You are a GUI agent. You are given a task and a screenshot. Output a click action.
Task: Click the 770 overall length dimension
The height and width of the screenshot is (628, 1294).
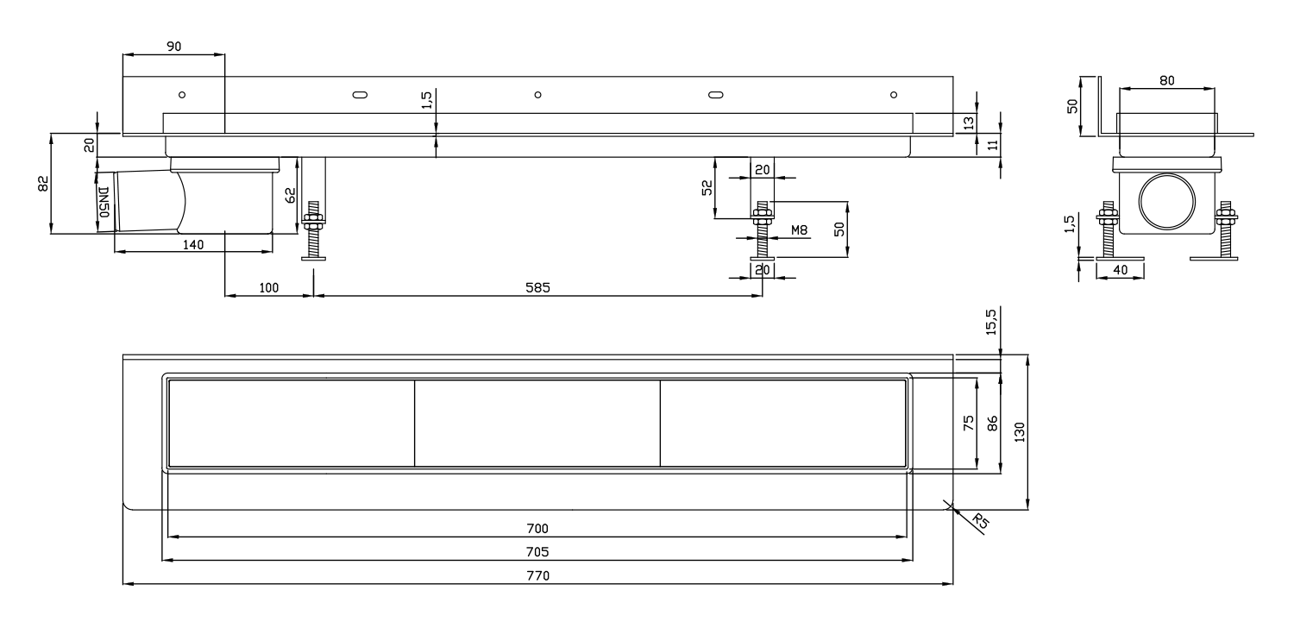537,575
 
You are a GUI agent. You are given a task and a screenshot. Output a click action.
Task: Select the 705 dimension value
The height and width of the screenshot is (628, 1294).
537,552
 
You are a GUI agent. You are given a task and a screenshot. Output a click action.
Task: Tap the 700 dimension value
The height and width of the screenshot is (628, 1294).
537,528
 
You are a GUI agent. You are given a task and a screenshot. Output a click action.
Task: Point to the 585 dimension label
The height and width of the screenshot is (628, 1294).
537,287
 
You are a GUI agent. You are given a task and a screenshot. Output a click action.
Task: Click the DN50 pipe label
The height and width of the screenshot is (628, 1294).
104,202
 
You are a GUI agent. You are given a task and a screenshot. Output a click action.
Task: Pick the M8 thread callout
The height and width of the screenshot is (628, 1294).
799,230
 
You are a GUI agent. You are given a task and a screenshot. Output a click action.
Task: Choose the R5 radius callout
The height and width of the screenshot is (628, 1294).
981,521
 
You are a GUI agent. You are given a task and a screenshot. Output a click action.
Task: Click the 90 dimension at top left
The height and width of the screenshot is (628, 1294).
174,47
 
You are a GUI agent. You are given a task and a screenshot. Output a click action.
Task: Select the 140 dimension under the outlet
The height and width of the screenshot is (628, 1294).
193,244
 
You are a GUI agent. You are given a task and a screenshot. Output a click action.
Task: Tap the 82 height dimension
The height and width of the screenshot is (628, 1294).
43,184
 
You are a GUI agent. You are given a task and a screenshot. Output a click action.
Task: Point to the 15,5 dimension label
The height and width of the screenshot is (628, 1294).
990,322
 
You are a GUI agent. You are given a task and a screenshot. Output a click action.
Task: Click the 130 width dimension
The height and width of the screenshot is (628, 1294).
1019,432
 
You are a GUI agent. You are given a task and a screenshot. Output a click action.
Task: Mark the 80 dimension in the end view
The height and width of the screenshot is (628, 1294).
1167,80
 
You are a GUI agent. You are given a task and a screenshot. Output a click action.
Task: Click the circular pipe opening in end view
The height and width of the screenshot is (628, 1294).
1167,201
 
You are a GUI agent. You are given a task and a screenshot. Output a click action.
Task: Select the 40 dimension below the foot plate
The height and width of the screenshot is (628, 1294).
1120,270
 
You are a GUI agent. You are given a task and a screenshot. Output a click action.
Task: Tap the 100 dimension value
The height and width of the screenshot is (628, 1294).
268,287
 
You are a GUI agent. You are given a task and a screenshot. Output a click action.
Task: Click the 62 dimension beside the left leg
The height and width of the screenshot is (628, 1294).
291,195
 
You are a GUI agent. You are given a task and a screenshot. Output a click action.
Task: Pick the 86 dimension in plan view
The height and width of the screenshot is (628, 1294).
992,424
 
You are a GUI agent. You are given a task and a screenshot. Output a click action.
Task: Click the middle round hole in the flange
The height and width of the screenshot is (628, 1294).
537,95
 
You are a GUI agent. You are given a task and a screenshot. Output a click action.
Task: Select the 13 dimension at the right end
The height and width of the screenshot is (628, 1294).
969,122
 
